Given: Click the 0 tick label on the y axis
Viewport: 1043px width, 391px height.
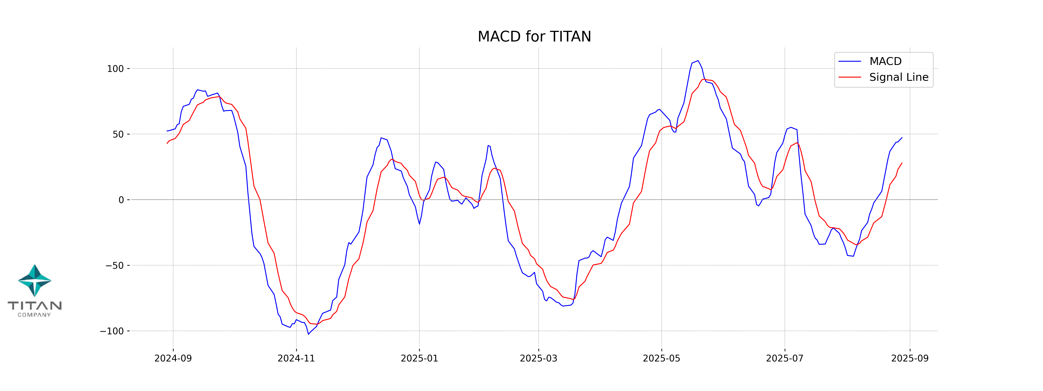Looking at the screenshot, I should click(121, 200).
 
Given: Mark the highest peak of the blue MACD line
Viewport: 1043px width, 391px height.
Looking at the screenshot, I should click(698, 61).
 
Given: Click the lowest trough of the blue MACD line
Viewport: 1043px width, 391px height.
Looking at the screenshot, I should click(309, 334).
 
